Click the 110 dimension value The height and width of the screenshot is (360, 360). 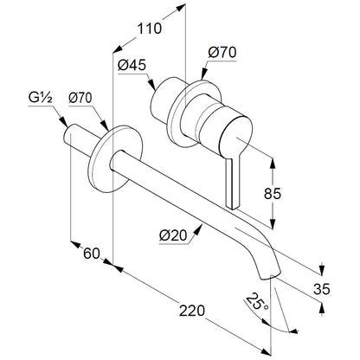pyautogui.click(x=150, y=29)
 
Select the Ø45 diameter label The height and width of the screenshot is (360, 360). pyautogui.click(x=132, y=66)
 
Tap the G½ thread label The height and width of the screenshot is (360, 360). pyautogui.click(x=41, y=99)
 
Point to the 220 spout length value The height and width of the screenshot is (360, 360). pyautogui.click(x=192, y=311)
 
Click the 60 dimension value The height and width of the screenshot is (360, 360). pyautogui.click(x=92, y=254)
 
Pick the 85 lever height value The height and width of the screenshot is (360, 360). pyautogui.click(x=272, y=193)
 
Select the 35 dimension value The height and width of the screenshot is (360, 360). pyautogui.click(x=322, y=289)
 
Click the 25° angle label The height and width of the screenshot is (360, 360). pyautogui.click(x=256, y=301)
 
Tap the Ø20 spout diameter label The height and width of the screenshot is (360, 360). pyautogui.click(x=173, y=236)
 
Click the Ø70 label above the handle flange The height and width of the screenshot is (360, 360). pyautogui.click(x=222, y=53)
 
